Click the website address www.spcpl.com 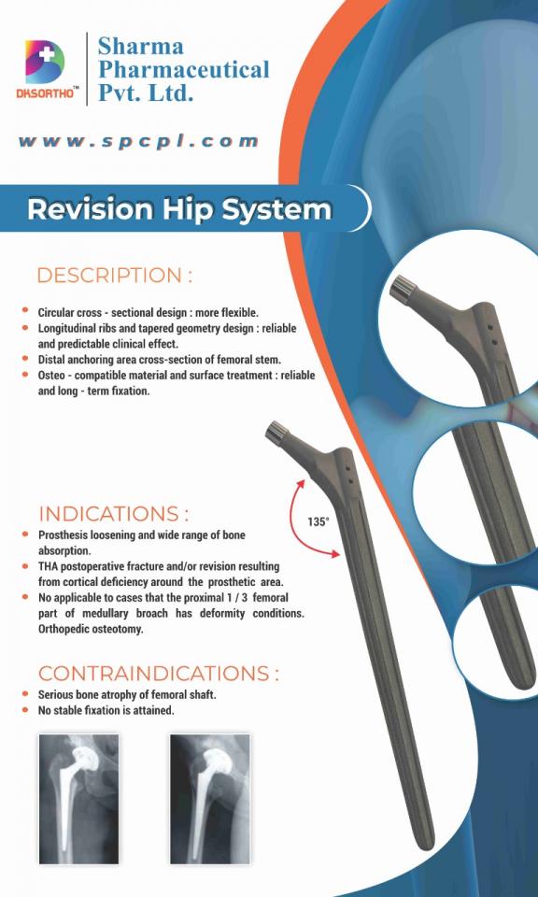coord(137,142)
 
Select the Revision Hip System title coord(179,208)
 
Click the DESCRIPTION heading coord(115,276)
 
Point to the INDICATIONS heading coord(113,514)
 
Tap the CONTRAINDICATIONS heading coord(158,674)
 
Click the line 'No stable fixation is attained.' coord(106,711)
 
